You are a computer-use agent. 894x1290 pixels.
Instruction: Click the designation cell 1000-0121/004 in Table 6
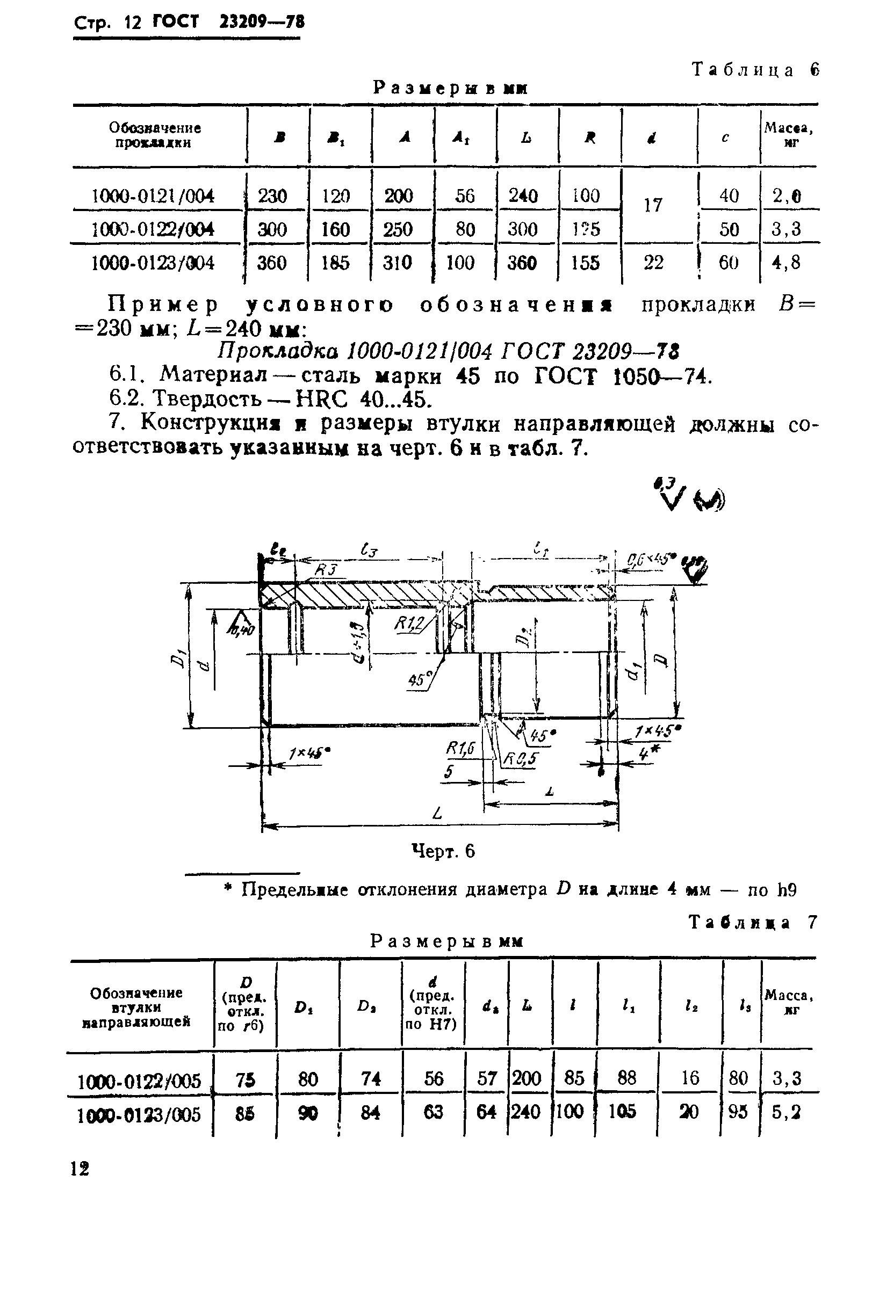[x=153, y=197]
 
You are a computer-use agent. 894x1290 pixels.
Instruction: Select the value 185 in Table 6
[x=336, y=263]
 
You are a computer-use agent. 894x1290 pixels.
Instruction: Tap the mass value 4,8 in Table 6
[x=786, y=263]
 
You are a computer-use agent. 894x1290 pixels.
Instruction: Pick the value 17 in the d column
[x=653, y=206]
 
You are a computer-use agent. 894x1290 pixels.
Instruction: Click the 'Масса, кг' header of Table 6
[x=789, y=135]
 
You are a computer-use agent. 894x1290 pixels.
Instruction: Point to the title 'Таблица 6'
[x=755, y=70]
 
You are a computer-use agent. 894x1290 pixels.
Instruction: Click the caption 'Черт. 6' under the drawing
[x=443, y=852]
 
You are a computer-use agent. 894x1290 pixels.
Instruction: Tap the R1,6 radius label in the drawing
[x=460, y=749]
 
